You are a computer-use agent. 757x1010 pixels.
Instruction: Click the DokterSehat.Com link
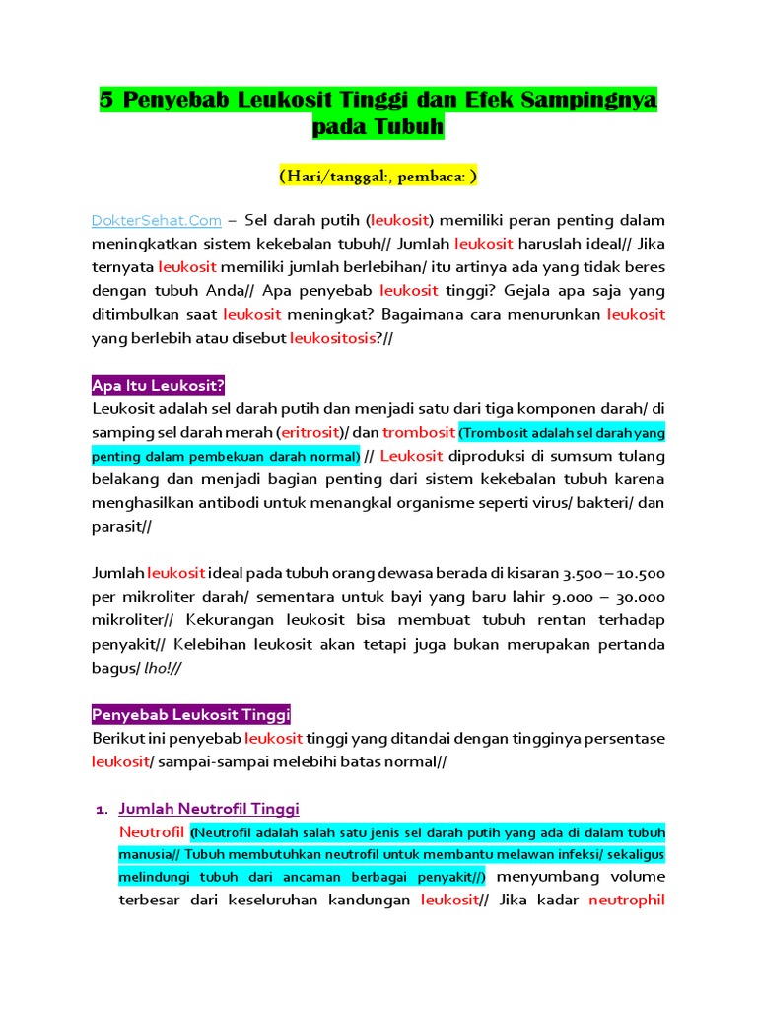156,220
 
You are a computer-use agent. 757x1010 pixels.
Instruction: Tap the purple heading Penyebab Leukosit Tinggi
190,714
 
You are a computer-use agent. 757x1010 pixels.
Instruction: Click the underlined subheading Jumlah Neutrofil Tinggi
209,809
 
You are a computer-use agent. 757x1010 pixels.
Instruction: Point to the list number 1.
101,810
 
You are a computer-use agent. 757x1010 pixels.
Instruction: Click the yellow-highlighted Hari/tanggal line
378,177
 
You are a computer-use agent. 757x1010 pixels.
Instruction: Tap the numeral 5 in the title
106,100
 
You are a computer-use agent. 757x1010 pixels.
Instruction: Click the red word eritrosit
309,432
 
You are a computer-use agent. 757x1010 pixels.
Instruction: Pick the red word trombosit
418,432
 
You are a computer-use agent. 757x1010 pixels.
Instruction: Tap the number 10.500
642,573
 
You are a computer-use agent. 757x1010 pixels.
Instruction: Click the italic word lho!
159,668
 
